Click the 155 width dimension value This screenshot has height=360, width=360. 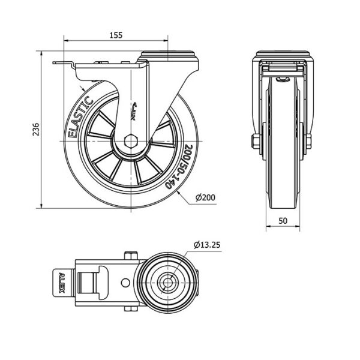(x=116, y=35)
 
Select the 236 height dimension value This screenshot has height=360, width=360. (x=36, y=130)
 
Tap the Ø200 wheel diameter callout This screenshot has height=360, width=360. (x=205, y=197)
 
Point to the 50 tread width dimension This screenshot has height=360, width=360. (x=283, y=221)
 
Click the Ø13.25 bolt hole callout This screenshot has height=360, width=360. (x=207, y=245)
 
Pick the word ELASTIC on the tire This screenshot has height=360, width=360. (x=80, y=117)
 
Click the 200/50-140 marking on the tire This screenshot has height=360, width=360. (x=181, y=167)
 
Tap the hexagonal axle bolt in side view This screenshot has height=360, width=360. (x=131, y=141)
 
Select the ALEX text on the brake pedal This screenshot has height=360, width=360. (x=61, y=283)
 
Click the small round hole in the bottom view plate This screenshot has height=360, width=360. (x=125, y=283)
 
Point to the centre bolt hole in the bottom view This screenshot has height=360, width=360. (x=168, y=283)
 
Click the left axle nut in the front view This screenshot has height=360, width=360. (x=256, y=142)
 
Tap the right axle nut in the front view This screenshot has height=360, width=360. (x=308, y=142)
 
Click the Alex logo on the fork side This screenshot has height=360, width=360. (x=134, y=112)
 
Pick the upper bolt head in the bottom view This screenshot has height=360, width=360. (x=131, y=256)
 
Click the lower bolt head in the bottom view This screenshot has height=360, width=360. (x=131, y=308)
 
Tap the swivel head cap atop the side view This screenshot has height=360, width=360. (x=169, y=55)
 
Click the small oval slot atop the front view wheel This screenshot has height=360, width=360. (x=283, y=79)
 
